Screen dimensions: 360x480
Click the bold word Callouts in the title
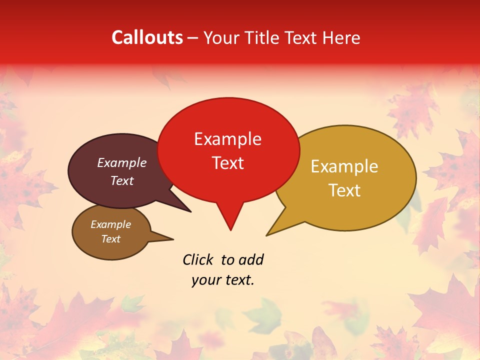tap(147, 37)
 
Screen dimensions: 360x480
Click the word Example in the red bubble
tap(227, 139)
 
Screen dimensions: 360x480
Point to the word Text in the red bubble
tap(227, 162)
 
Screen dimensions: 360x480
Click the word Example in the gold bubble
tap(344, 166)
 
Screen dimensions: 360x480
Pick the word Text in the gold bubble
tap(344, 190)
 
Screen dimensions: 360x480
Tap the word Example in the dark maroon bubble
tap(121, 162)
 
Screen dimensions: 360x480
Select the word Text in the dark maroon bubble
tap(121, 180)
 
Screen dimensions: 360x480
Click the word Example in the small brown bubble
tap(110, 224)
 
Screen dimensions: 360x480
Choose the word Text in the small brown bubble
tap(110, 239)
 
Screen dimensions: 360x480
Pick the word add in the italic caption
tap(251, 259)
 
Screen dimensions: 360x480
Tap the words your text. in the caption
tap(223, 280)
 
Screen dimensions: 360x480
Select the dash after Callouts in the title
tap(193, 37)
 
